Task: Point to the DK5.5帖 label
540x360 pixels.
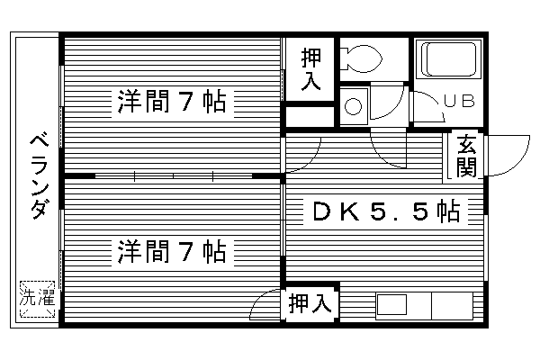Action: pos(386,212)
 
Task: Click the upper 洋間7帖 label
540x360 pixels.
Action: pos(170,102)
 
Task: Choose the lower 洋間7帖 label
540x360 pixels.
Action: pos(170,251)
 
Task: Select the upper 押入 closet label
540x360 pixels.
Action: pos(310,69)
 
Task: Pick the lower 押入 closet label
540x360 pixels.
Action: pos(310,304)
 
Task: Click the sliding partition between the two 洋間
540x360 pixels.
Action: pos(171,175)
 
